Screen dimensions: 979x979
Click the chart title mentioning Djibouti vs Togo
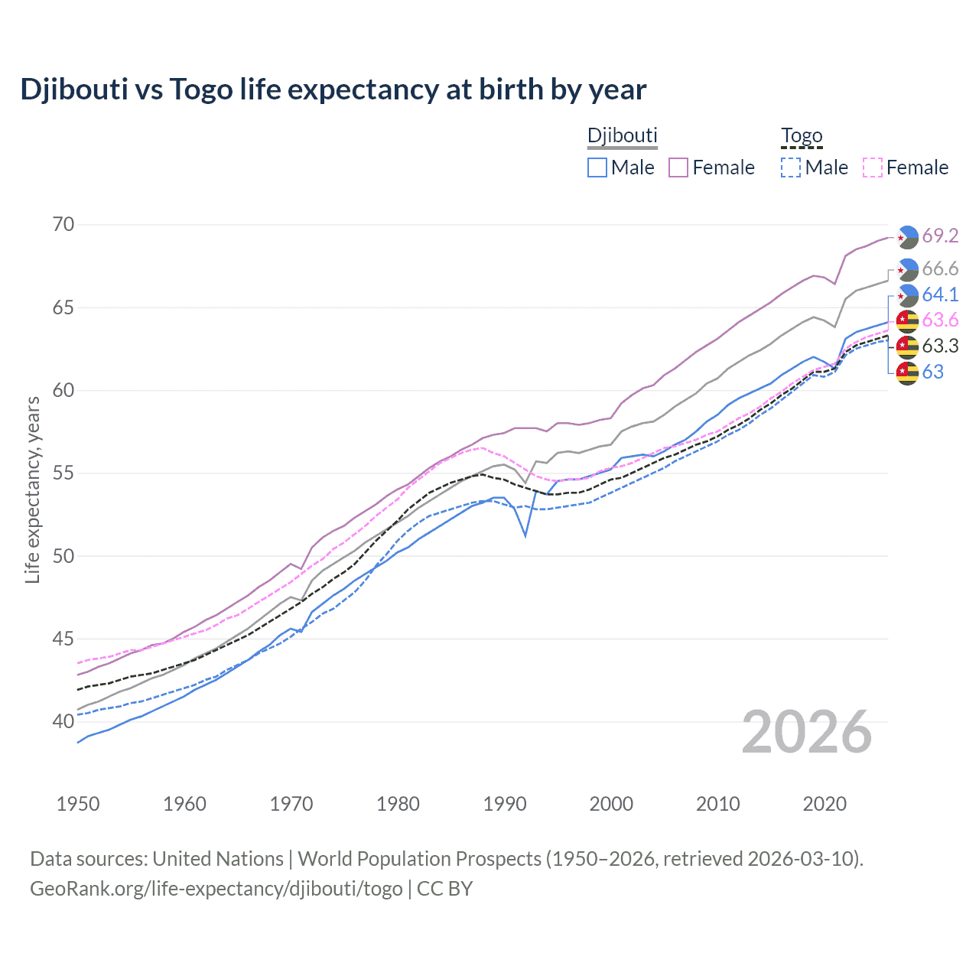(333, 89)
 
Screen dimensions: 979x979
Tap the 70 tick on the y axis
(63, 225)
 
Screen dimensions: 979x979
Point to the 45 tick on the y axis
(63, 639)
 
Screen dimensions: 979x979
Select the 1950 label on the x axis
(78, 804)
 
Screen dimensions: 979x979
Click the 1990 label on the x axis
(505, 804)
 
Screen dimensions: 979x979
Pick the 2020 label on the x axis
(825, 804)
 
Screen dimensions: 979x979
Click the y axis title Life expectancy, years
(33, 489)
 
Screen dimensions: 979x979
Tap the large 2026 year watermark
(807, 732)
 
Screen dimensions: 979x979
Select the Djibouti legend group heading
(622, 136)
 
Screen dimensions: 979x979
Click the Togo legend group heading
(801, 136)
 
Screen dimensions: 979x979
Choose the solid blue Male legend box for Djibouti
(597, 168)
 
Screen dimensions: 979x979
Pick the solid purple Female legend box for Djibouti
(678, 168)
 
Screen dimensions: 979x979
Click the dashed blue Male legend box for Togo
(791, 168)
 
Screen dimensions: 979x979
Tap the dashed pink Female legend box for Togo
(873, 168)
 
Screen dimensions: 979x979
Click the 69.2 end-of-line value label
(940, 236)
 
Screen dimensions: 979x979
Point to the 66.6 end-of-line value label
(940, 268)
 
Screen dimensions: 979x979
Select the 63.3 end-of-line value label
(940, 346)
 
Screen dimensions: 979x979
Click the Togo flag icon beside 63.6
(907, 320)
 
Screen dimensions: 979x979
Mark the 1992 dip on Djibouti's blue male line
(525, 535)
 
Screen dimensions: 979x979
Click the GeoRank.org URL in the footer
(216, 889)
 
